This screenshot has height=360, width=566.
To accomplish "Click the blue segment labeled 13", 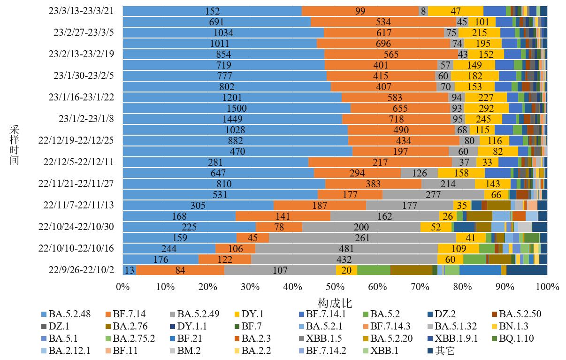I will tap(130, 270).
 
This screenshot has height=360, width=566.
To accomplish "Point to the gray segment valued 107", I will tap(280, 270).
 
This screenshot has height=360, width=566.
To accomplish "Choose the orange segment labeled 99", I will tap(360, 11).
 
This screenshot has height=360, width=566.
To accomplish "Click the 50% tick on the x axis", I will tap(335, 286).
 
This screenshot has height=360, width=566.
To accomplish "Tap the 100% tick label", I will tap(547, 286).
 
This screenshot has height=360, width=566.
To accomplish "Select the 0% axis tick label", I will tap(122, 286).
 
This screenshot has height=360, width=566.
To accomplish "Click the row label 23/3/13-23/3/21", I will tap(81, 11).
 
